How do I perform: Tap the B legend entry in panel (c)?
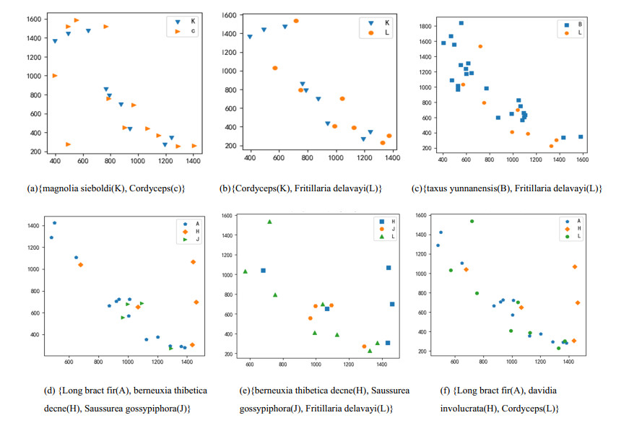[576, 24]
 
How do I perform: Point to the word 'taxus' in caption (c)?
[431, 188]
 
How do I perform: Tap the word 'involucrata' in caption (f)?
[461, 408]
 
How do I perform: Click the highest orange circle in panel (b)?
[296, 21]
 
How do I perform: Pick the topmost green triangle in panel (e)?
[269, 222]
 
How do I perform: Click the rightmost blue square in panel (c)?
[581, 136]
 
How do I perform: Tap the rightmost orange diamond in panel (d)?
[196, 302]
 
